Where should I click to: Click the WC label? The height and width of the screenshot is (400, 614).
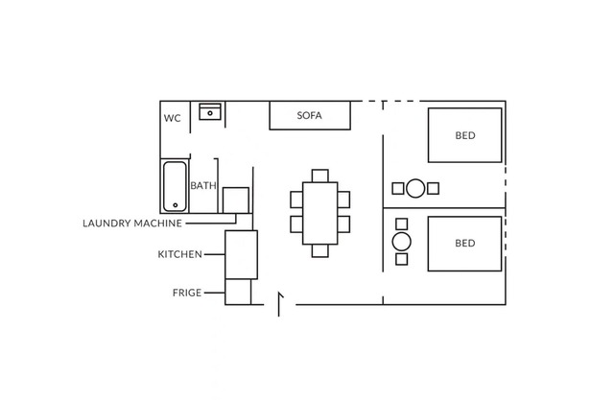click(x=173, y=118)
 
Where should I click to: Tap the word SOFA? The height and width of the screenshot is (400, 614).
click(x=309, y=115)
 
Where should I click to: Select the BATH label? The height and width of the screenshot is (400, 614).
click(x=203, y=185)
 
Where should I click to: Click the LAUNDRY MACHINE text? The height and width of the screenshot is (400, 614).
click(x=132, y=224)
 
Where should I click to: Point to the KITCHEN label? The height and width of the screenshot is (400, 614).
click(x=180, y=254)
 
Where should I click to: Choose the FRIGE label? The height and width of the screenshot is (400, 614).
click(x=187, y=293)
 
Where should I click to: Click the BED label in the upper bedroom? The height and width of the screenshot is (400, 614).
click(x=465, y=135)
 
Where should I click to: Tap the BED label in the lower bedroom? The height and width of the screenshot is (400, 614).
click(x=465, y=243)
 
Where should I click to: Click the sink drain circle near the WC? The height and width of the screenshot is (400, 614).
click(x=210, y=113)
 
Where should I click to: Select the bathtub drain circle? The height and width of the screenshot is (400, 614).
click(x=175, y=205)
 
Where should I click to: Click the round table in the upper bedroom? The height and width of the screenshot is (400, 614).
click(x=415, y=188)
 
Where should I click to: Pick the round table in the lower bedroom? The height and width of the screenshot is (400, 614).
click(x=401, y=242)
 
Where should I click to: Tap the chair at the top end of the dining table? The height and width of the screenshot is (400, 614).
click(x=319, y=176)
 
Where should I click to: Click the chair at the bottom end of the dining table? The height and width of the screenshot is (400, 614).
click(x=319, y=251)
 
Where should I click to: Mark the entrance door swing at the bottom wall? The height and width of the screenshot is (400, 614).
click(x=279, y=304)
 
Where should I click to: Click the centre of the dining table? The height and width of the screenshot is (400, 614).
click(x=319, y=213)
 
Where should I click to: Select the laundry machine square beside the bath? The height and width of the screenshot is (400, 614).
click(x=236, y=200)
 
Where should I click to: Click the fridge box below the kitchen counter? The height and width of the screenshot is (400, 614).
click(x=238, y=292)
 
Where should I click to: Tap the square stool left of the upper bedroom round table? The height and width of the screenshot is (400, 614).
click(x=398, y=188)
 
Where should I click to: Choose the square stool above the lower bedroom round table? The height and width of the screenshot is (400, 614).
click(x=401, y=224)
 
